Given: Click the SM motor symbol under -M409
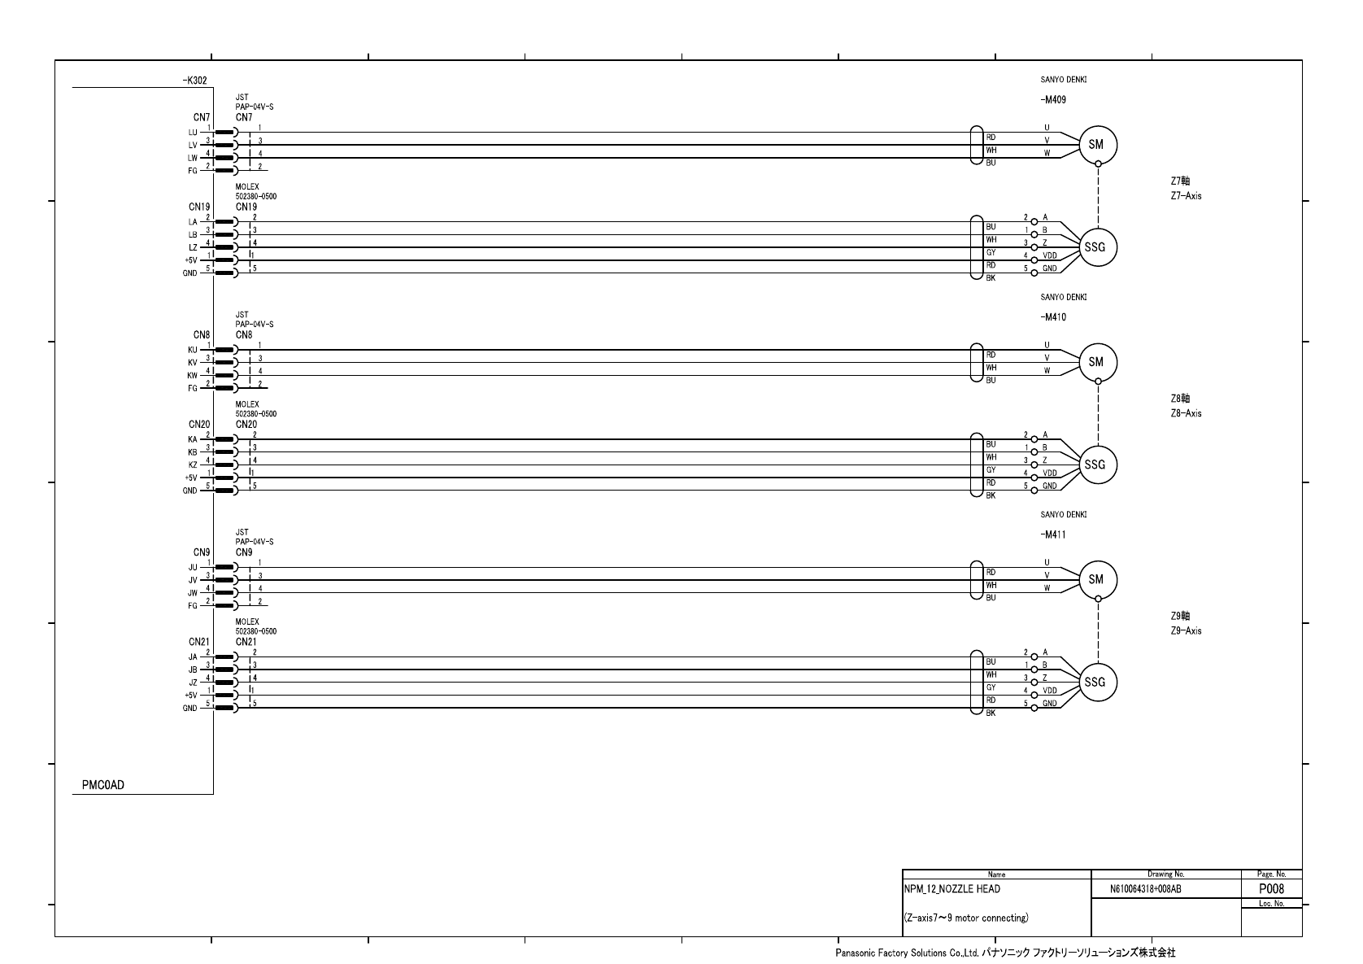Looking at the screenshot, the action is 1097,145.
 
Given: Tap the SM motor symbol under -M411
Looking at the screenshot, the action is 1097,580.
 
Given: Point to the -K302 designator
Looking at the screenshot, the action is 195,81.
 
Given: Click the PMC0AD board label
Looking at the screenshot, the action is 103,785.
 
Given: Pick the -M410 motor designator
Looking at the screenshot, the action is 1053,317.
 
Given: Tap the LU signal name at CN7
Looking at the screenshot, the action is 193,133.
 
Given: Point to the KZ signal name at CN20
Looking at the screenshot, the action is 193,465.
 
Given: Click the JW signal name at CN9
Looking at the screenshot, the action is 193,593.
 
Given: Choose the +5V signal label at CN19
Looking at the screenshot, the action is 190,260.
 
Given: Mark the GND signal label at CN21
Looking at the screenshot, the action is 189,709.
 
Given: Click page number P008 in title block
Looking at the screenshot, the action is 1271,889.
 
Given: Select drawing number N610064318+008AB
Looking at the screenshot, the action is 1145,890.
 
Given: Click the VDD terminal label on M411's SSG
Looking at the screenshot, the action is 1050,691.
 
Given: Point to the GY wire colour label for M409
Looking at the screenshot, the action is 991,253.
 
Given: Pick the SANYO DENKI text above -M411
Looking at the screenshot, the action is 1063,515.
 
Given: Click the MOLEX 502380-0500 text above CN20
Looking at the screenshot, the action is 256,409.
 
